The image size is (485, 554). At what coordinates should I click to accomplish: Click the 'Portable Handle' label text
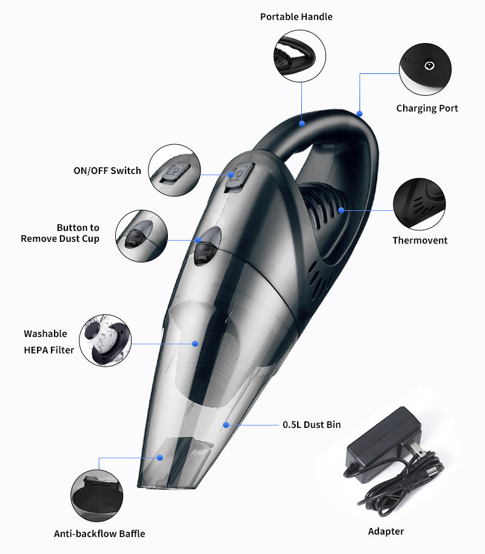coord(296,17)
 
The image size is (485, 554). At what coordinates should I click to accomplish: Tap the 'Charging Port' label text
coord(427,108)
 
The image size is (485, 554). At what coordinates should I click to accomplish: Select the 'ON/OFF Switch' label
coord(107,171)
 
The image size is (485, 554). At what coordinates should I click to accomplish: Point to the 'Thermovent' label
coord(420,241)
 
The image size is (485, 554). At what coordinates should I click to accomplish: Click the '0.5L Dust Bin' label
coord(312,425)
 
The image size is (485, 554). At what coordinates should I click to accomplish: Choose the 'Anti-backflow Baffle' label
coord(99,534)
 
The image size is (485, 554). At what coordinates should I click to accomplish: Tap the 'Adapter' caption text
coord(386,532)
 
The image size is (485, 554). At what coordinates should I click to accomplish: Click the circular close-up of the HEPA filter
coord(105,340)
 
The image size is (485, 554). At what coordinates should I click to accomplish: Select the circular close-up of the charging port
coord(424,69)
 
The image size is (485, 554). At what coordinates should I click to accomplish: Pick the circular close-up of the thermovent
coord(419,204)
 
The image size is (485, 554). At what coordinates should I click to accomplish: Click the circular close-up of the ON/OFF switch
coord(175,170)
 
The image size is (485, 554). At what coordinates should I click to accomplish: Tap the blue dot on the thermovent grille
coord(341,210)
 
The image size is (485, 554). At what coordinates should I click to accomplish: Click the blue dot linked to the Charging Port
coord(360,113)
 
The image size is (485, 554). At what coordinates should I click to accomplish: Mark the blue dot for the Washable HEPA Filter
coord(195,344)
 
